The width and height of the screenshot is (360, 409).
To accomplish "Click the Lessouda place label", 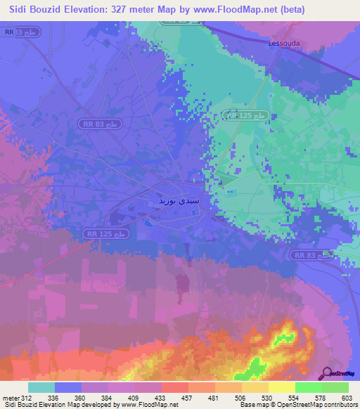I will (x=285, y=43).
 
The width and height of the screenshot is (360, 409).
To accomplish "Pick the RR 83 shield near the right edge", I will (x=312, y=257).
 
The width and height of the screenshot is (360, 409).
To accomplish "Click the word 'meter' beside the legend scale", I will (x=11, y=397).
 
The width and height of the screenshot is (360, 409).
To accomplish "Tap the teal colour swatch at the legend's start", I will (x=41, y=387).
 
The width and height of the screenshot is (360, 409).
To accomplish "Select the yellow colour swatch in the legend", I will (x=282, y=387).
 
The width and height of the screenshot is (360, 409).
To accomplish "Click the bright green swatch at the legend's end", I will (x=335, y=387).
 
